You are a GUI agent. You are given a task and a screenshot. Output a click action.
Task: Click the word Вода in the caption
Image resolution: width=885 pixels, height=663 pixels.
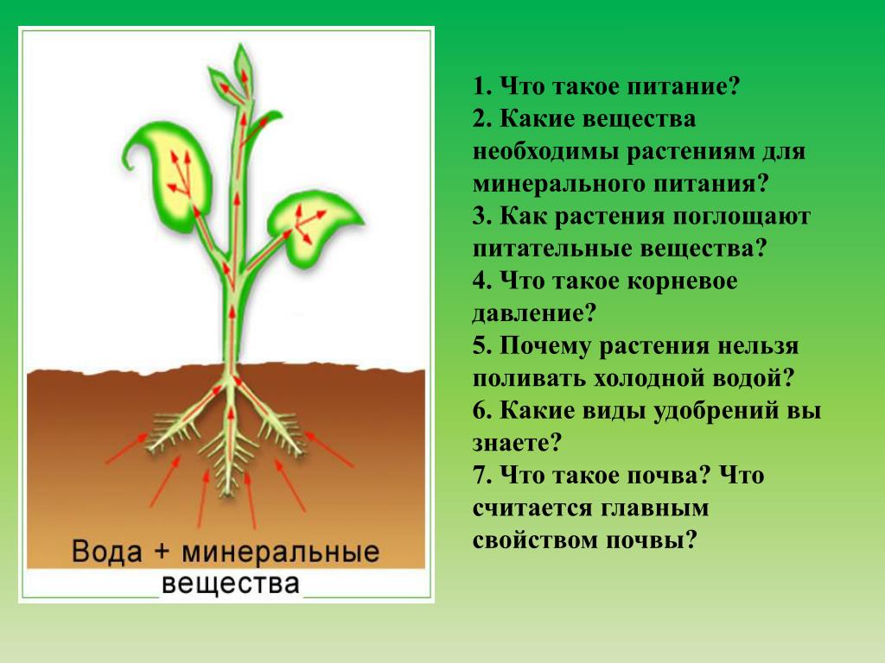106,551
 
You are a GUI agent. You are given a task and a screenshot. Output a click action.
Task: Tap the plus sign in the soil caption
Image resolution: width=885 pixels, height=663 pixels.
161,550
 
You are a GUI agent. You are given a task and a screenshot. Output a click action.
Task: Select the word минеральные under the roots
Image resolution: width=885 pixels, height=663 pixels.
281,552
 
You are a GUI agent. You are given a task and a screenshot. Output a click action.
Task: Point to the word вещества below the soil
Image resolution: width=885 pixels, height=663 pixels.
230,584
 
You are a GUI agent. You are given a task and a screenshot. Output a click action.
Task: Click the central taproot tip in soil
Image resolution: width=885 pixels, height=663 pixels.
227,491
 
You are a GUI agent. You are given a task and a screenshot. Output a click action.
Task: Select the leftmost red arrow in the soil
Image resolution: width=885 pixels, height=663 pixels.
126,449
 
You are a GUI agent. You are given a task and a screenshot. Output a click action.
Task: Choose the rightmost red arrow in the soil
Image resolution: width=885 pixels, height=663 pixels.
328,449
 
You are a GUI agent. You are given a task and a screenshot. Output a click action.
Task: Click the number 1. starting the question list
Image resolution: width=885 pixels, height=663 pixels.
482,87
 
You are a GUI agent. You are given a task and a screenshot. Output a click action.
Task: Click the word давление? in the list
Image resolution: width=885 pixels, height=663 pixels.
534,313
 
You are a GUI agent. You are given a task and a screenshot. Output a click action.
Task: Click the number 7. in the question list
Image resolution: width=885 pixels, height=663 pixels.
482,476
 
